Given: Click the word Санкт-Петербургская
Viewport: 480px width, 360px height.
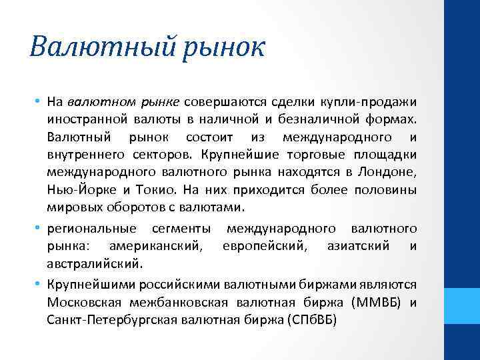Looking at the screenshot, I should tap(103, 319).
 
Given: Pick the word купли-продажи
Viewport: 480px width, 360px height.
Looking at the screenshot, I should tap(376, 102).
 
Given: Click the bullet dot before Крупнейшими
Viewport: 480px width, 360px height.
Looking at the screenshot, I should tap(40, 284).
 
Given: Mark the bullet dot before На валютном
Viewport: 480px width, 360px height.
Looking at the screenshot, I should tap(40, 102).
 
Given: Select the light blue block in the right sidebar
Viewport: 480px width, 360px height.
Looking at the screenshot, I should tap(462, 307).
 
